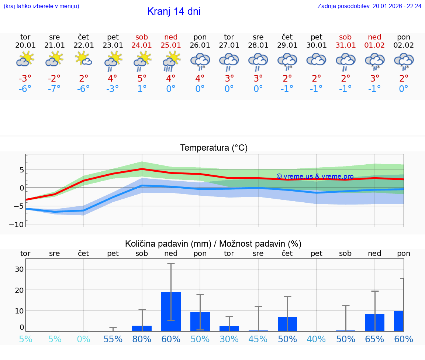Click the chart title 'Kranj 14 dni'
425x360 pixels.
click(x=174, y=11)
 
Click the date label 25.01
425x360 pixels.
click(x=171, y=45)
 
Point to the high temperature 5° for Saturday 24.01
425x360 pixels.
click(x=142, y=79)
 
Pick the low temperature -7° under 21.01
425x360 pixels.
click(x=54, y=89)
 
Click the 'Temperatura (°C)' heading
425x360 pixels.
click(x=214, y=148)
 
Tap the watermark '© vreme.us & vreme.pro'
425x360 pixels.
click(x=315, y=176)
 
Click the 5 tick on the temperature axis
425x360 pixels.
click(x=22, y=170)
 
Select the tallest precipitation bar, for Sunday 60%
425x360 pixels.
click(x=171, y=311)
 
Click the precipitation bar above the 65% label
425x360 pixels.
click(x=374, y=322)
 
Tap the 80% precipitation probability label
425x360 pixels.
click(x=142, y=339)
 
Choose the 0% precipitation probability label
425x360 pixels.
click(x=84, y=339)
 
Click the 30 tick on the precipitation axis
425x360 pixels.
click(x=19, y=269)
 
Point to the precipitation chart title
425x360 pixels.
click(x=213, y=244)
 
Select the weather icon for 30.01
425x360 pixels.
click(x=316, y=59)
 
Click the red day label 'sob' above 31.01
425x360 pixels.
click(x=345, y=37)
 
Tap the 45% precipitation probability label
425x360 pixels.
click(x=258, y=339)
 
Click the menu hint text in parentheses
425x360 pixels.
click(x=41, y=6)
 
